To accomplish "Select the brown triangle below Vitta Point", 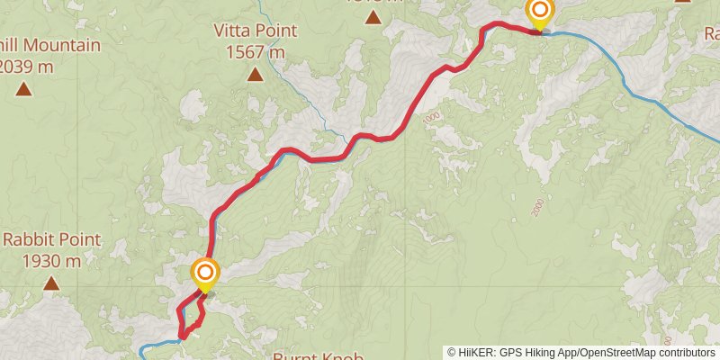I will click(x=256, y=75).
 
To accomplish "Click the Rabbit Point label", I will click(x=52, y=240).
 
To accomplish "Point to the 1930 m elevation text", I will click(x=52, y=261).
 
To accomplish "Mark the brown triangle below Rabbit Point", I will click(x=52, y=284).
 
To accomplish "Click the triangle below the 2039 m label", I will click(x=23, y=88).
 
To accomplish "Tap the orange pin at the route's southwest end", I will click(x=205, y=273).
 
